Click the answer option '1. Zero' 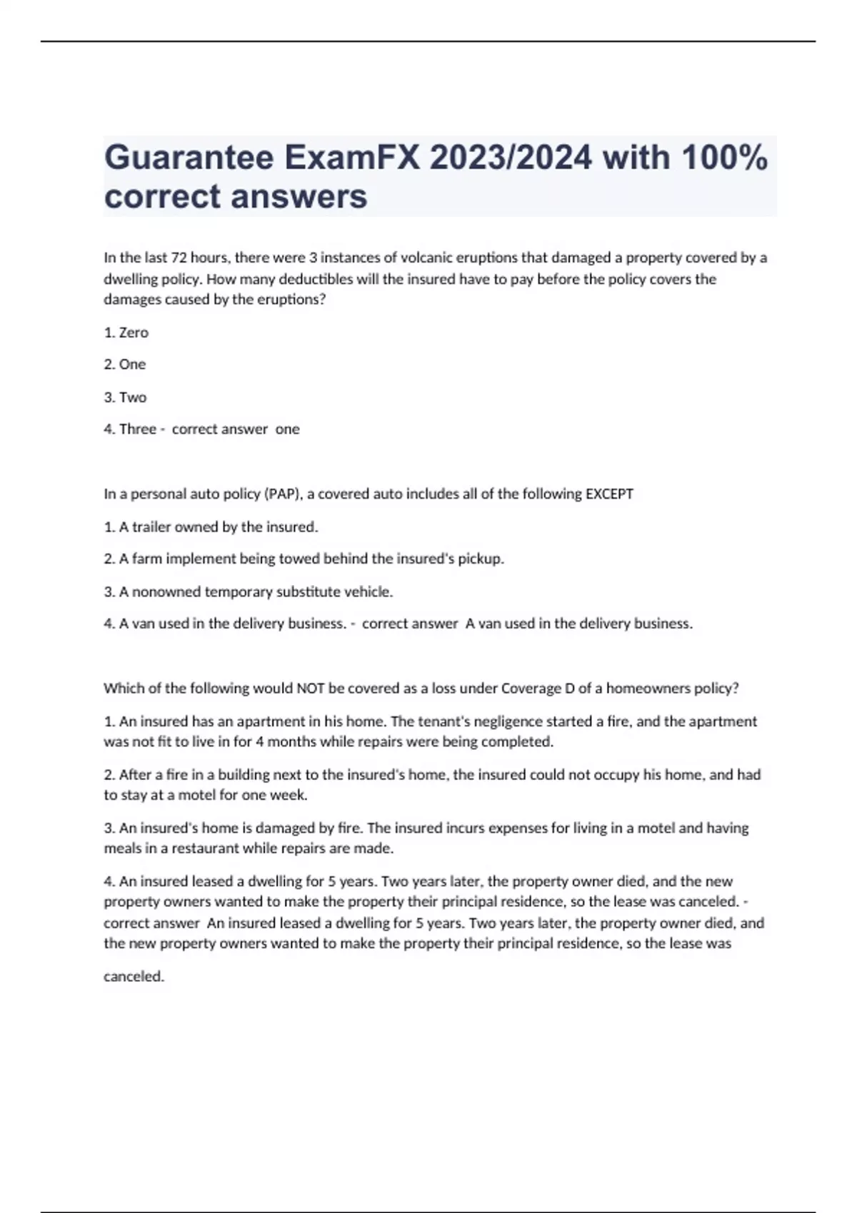click(x=126, y=333)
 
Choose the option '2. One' click(x=125, y=365)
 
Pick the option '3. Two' click(x=125, y=397)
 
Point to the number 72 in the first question click(x=179, y=258)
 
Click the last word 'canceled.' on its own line click(x=134, y=976)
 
